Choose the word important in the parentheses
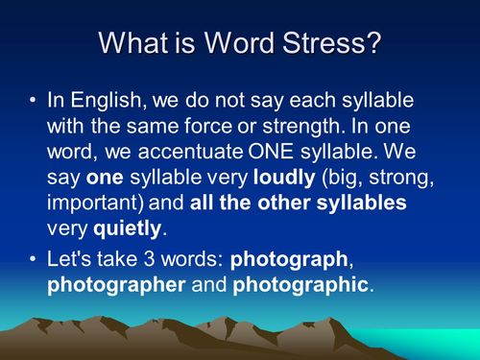pyautogui.click(x=94, y=203)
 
